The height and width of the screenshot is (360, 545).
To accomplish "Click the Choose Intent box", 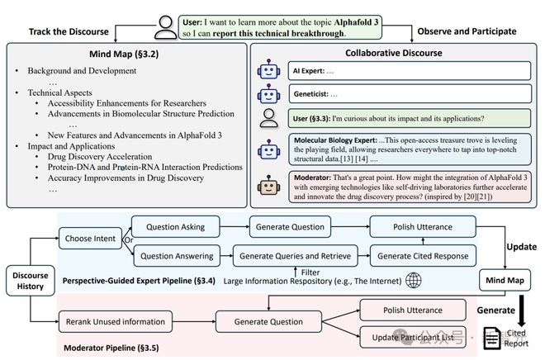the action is [x=90, y=239].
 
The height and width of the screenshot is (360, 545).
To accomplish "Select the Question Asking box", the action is [x=176, y=227].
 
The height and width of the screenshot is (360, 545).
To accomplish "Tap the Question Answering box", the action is [x=177, y=256].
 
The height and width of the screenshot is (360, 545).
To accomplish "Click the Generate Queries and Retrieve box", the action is [x=295, y=256].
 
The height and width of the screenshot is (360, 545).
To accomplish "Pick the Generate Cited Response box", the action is [x=423, y=256].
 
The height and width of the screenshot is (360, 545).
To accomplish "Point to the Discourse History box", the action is [x=31, y=281].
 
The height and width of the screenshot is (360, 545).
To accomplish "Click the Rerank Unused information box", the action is [x=116, y=322].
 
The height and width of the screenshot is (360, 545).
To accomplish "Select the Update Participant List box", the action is [x=413, y=337].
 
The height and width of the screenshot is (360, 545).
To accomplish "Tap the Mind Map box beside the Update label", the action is [x=505, y=280].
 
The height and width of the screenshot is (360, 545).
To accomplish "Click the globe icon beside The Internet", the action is [x=414, y=280].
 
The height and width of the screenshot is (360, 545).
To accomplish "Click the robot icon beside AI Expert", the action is [x=268, y=69].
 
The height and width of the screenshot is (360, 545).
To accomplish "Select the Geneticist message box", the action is [x=410, y=94].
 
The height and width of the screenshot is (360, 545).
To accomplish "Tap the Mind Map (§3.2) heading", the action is [x=124, y=54].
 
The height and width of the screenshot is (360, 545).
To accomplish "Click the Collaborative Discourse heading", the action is [x=394, y=53].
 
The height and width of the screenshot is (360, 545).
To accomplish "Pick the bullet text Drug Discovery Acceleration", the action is [x=100, y=157].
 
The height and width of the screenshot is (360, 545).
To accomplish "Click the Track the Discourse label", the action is [x=69, y=31].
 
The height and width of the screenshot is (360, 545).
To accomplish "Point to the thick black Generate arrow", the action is [x=522, y=311].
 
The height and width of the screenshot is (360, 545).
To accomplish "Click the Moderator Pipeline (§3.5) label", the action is [x=111, y=348].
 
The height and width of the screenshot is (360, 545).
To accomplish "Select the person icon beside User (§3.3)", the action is [x=269, y=118].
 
